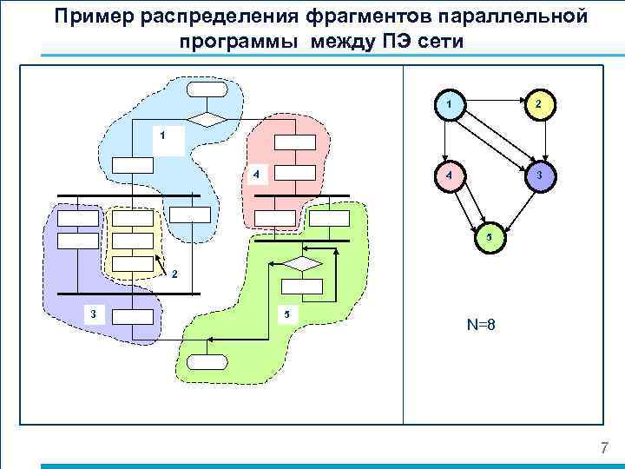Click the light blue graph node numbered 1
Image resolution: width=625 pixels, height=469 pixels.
[x=448, y=104]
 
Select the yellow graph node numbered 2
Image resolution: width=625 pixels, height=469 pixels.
[x=538, y=104]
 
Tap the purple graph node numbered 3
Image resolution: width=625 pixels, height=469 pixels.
[x=538, y=175]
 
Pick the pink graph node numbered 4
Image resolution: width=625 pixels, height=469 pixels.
[x=448, y=175]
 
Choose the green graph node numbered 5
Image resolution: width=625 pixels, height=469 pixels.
[x=489, y=236]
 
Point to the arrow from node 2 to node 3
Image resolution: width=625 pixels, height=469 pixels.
[x=538, y=140]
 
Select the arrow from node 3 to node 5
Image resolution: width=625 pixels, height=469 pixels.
[x=515, y=205]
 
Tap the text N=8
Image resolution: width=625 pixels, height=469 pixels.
[x=481, y=326]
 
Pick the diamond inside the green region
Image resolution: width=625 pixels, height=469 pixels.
[x=306, y=262]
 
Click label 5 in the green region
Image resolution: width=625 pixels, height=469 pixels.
[x=286, y=314]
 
